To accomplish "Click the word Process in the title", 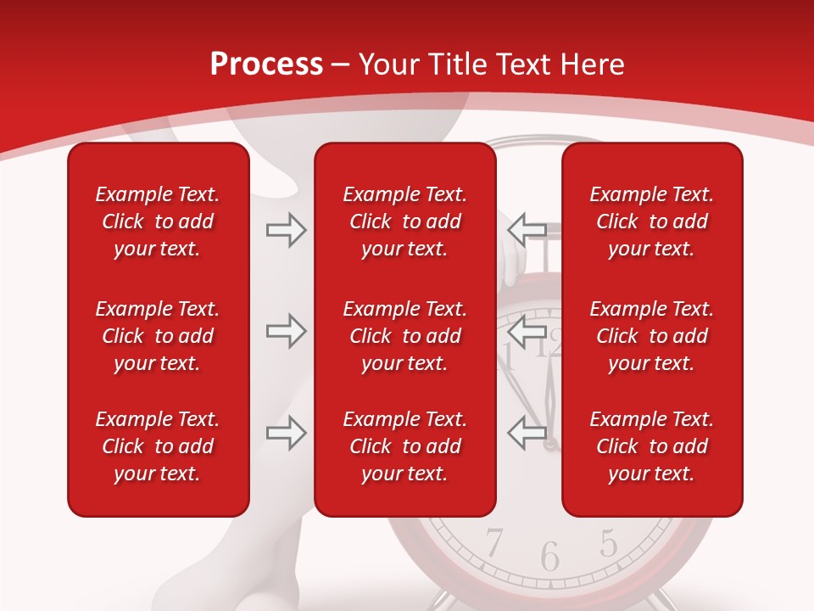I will point(266,64).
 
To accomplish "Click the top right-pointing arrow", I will point(286,230).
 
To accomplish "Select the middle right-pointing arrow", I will point(286,331).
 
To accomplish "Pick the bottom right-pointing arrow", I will point(286,433).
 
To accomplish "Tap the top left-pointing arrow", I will point(527,230).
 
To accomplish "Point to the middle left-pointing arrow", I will point(527,331).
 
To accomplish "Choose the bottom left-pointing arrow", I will point(527,433).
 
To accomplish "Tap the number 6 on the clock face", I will point(550,557).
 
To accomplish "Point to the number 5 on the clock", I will point(608,542).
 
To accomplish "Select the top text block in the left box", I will point(158,221).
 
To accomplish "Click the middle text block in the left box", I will point(158,336).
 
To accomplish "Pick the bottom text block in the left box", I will point(158,446).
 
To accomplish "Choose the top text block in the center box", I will point(405,221).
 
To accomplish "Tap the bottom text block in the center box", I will point(405,446).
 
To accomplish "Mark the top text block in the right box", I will point(652,221).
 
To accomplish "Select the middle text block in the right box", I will point(652,336).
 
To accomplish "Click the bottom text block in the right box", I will point(652,446).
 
